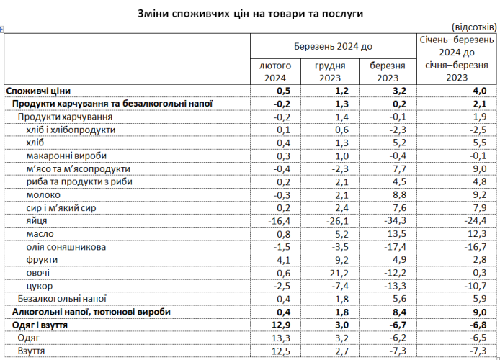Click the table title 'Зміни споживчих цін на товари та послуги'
tap(249, 14)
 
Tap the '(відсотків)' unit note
tap(473, 26)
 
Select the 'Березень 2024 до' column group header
tap(334, 46)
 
